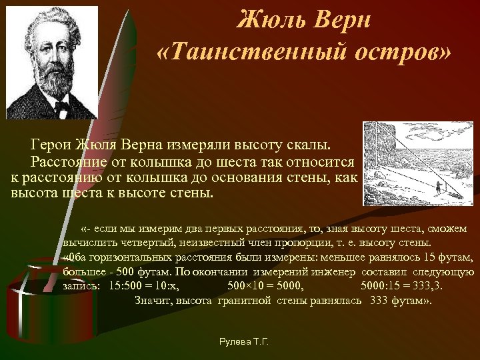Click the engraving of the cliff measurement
[418, 163]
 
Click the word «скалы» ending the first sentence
[314, 145]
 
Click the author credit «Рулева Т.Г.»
[244, 341]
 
